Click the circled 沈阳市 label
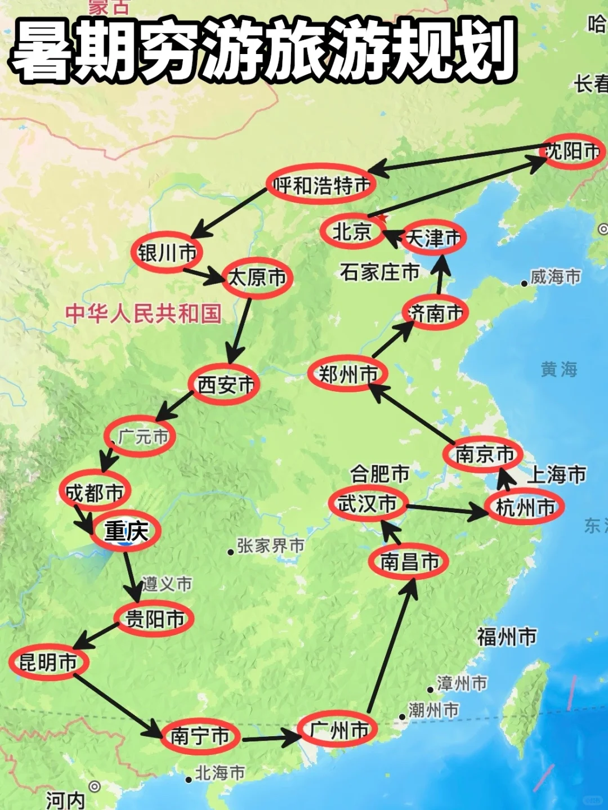(573, 151)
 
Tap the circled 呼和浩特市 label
(321, 184)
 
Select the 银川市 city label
(167, 252)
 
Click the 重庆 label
(126, 531)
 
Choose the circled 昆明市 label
(48, 662)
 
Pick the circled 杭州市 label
(525, 507)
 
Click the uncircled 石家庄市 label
(379, 272)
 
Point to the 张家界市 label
(270, 545)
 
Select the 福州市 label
(507, 637)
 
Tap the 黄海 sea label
(558, 369)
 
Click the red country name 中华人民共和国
(144, 314)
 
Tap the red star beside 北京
(383, 217)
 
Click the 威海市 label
(555, 277)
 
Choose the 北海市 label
(220, 773)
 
